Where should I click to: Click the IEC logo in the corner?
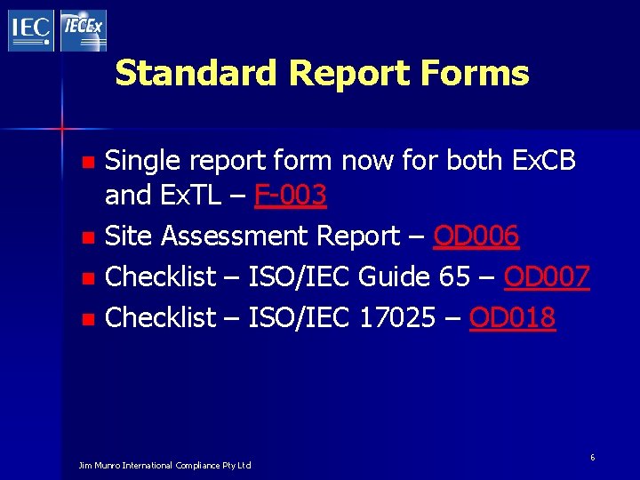tap(31, 29)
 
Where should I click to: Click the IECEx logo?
tap(84, 29)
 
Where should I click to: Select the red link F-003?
tap(290, 194)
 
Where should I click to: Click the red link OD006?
tap(476, 236)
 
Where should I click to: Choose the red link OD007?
tap(547, 276)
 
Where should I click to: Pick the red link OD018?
tap(513, 317)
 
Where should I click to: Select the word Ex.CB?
tap(546, 161)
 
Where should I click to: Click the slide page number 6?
tap(593, 456)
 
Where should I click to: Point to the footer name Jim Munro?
tap(100, 465)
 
